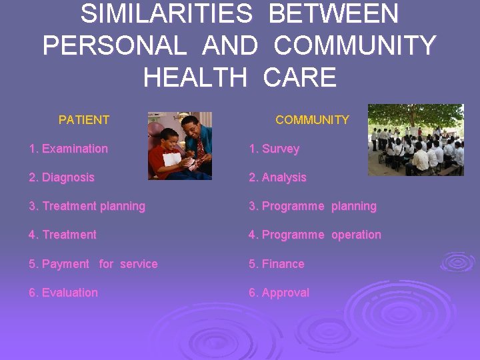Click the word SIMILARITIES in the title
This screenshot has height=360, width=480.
[x=166, y=13]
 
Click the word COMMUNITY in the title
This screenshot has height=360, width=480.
[x=355, y=46]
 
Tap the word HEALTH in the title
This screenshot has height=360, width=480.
[x=194, y=78]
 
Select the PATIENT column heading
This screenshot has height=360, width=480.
[x=84, y=120]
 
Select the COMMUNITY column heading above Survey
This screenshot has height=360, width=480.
[x=312, y=120]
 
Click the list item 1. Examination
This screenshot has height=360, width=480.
[x=68, y=149]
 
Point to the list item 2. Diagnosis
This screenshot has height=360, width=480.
[x=61, y=177]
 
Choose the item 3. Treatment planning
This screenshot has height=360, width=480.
[x=87, y=206]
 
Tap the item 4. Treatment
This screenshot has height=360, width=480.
[x=63, y=235]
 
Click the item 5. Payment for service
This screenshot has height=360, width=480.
[x=93, y=264]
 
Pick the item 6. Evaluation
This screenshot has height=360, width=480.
[x=63, y=293]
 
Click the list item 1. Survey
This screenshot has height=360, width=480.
[x=274, y=149]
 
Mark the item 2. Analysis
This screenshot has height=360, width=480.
[x=277, y=177]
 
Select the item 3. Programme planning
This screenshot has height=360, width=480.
[x=313, y=206]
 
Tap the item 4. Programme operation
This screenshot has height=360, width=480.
[x=315, y=235]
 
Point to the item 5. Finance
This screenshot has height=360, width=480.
[x=276, y=264]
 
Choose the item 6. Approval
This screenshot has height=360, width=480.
[x=279, y=293]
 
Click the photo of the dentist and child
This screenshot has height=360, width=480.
[x=179, y=145]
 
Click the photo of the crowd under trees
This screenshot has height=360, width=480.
[x=415, y=140]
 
